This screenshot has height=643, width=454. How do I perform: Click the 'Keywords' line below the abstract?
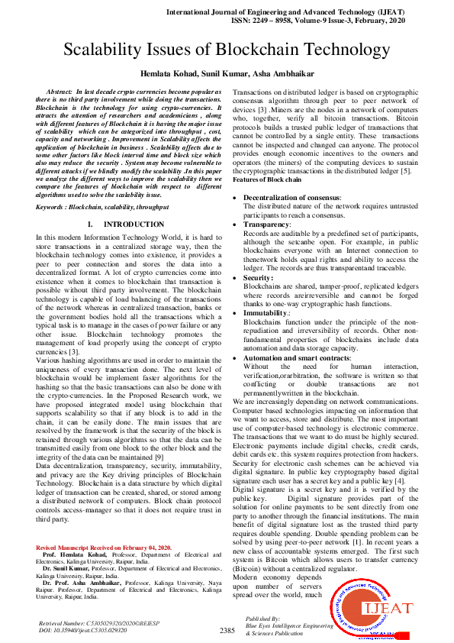point(102,207)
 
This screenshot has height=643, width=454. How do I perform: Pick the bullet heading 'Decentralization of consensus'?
point(291,198)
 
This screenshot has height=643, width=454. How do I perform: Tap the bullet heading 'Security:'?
point(257,278)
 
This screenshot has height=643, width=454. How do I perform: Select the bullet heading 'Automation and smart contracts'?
point(297,357)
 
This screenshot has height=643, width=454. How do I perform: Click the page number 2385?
point(227,630)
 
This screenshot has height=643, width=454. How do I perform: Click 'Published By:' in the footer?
point(263,618)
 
